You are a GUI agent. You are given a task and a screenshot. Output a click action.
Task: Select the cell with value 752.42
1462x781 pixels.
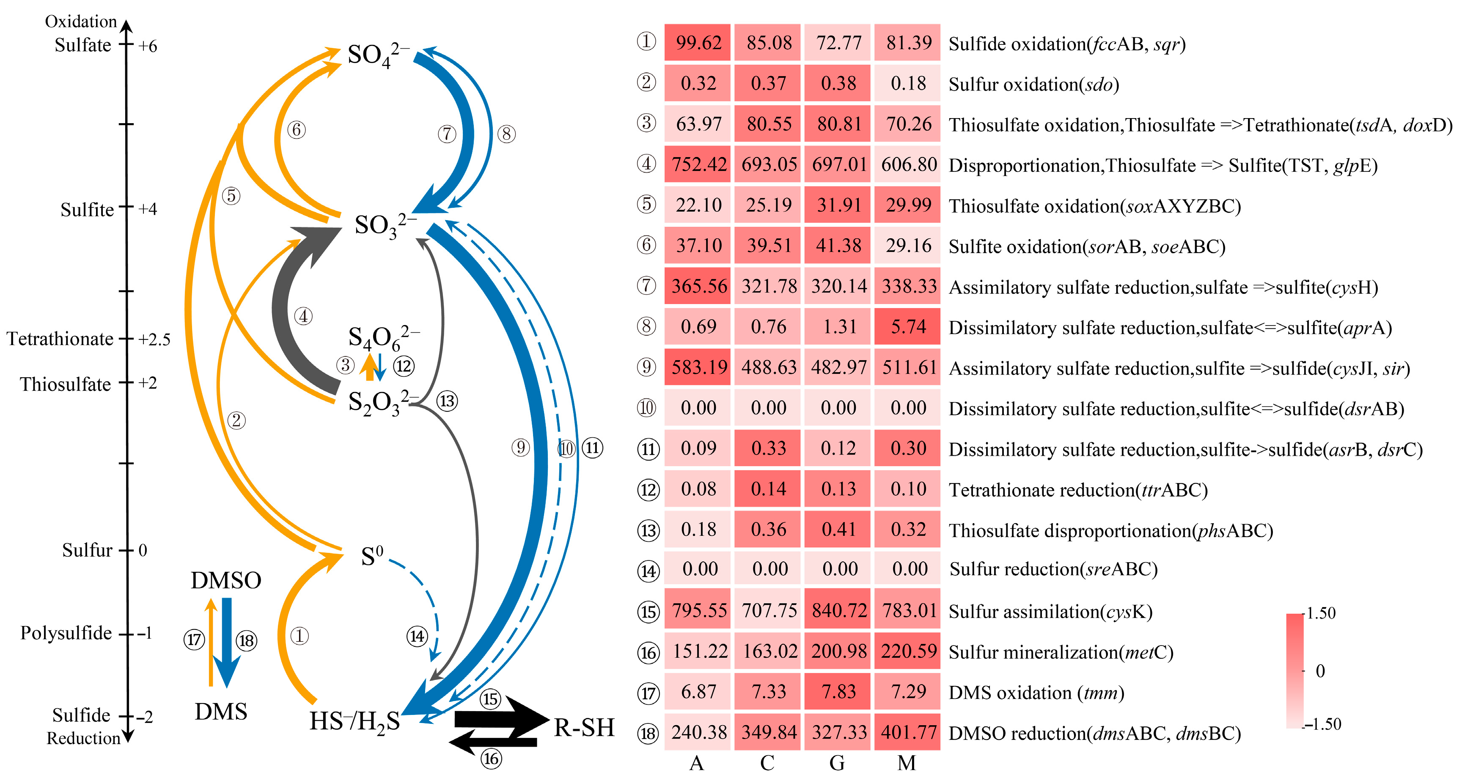[698, 165]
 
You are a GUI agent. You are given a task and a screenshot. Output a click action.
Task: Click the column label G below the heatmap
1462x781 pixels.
[837, 763]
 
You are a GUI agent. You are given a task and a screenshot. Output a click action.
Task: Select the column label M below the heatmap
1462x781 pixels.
[907, 763]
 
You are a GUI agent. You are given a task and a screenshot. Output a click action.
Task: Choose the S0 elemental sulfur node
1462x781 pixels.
[372, 557]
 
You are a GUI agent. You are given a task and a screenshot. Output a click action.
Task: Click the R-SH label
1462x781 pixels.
[584, 728]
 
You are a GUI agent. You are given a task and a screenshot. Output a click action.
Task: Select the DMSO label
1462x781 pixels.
[226, 580]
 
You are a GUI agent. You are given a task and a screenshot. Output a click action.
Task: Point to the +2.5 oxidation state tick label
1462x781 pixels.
[154, 339]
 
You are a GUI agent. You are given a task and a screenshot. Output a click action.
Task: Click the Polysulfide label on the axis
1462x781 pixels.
[66, 633]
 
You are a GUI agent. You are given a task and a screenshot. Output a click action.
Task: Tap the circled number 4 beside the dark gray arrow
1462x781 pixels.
[304, 316]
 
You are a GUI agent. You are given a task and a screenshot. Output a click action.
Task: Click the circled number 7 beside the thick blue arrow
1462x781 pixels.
[447, 134]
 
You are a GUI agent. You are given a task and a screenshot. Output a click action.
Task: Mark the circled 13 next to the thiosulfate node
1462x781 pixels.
[447, 401]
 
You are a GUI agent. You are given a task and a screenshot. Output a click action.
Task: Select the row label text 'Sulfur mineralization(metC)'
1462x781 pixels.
[1061, 652]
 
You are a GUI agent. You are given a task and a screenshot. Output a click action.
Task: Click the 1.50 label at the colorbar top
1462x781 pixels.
[1321, 613]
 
